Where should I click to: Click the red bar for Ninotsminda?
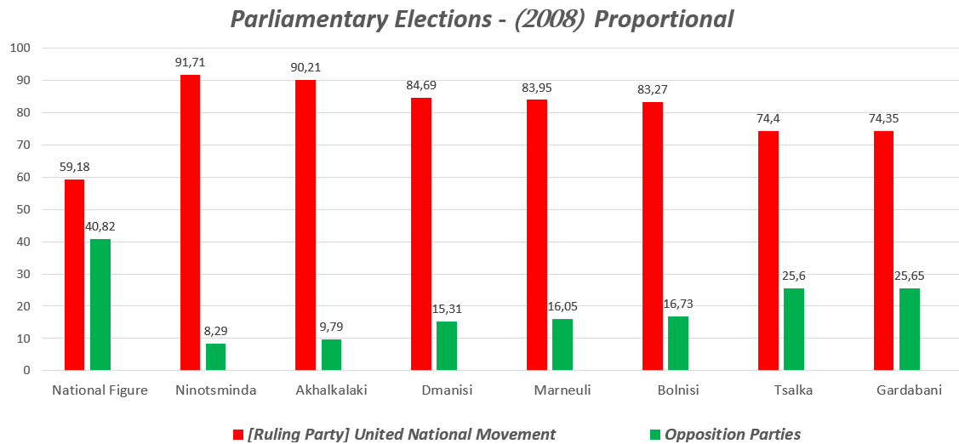(x=190, y=223)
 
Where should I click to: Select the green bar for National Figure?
(x=100, y=305)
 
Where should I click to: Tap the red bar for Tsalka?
(x=768, y=251)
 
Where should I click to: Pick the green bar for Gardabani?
(x=910, y=329)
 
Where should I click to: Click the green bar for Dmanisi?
(x=447, y=345)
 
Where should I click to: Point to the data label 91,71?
(x=191, y=62)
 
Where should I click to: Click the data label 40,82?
(x=100, y=225)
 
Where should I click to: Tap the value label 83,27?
(x=653, y=88)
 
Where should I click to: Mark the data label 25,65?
(x=910, y=275)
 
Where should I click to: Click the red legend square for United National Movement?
(x=238, y=435)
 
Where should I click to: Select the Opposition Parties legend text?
(x=733, y=435)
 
